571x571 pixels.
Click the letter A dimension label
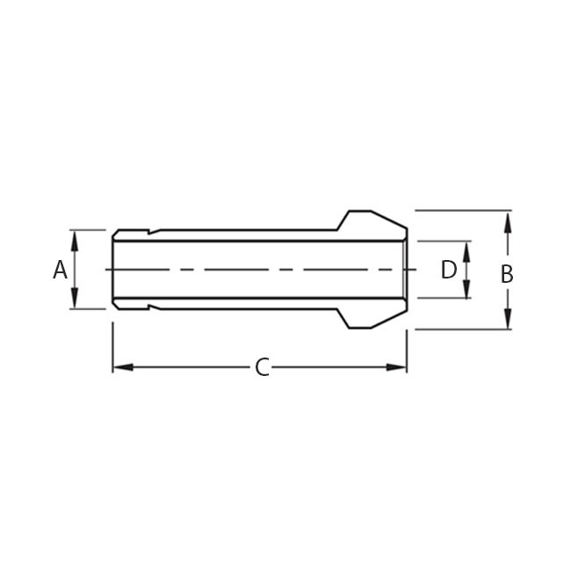(x=60, y=270)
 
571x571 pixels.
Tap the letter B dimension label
(x=507, y=274)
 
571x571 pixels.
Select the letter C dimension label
(x=261, y=367)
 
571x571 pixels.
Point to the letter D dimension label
(x=449, y=270)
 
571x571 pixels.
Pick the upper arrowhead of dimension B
(x=507, y=218)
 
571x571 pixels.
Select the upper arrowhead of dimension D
(x=466, y=248)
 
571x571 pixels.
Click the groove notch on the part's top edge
(x=148, y=233)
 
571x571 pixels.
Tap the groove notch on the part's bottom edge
(x=148, y=307)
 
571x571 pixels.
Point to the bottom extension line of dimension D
(x=444, y=298)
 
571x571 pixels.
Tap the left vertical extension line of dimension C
(x=112, y=347)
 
